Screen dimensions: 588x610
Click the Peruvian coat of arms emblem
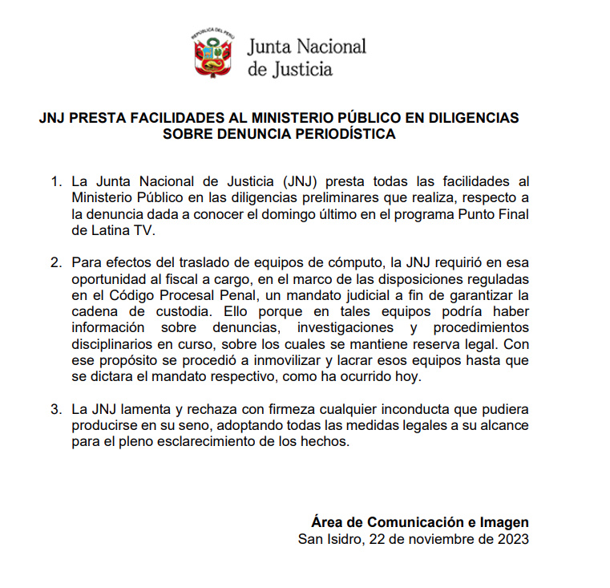click(x=212, y=55)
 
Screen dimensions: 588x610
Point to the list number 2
click(x=55, y=262)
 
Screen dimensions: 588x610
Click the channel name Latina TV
click(x=113, y=229)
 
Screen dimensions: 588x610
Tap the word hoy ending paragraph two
click(x=417, y=376)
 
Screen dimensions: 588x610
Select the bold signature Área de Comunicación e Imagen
click(x=420, y=522)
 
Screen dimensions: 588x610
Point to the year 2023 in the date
click(x=513, y=539)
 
